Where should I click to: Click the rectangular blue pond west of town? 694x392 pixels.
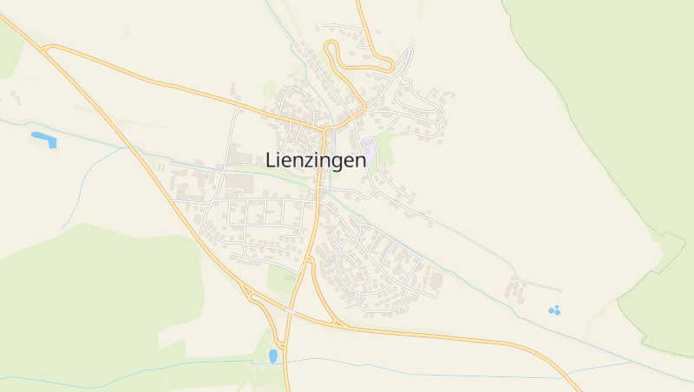[x=43, y=137]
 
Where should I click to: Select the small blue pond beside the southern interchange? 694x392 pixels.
[x=274, y=355]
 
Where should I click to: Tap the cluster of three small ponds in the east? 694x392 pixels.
[x=554, y=310]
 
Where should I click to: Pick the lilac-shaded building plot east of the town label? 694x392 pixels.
[x=370, y=150]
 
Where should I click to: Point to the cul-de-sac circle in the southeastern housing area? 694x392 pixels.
[x=368, y=280]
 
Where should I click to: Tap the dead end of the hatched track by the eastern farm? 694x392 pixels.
[x=561, y=291]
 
